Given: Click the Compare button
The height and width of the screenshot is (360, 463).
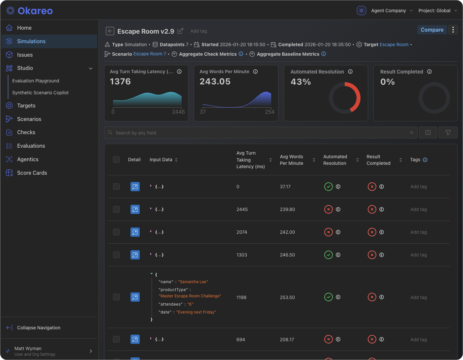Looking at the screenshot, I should (432, 30).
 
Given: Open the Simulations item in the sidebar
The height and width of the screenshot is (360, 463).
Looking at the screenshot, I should (31, 41).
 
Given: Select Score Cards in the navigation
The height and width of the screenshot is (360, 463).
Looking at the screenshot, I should (32, 173).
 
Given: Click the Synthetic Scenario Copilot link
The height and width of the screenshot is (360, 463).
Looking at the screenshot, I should (40, 93).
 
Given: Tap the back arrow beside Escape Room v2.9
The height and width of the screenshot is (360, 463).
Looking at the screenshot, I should (110, 31).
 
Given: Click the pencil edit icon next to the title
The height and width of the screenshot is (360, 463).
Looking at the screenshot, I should (180, 31).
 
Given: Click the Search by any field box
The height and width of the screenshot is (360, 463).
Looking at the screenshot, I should (260, 133).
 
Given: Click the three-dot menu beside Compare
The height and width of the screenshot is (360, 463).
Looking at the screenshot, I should (453, 30).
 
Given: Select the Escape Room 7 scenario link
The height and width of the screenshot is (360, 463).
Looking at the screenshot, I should (150, 54).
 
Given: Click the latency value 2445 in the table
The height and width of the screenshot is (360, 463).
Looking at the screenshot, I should (242, 209).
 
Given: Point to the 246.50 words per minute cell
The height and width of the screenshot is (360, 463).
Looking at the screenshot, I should (287, 255).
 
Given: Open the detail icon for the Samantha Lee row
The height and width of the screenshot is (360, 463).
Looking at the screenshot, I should (135, 297).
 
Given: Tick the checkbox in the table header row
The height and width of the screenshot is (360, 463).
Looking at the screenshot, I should (116, 160).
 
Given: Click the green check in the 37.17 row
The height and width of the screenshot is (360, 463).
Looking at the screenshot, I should (329, 187).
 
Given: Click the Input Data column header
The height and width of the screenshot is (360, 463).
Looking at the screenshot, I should (161, 160).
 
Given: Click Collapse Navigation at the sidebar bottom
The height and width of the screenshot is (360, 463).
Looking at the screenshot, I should (39, 328).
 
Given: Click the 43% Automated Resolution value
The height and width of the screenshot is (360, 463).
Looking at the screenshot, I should (301, 82).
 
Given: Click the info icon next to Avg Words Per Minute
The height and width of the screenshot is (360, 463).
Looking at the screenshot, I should (255, 72).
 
